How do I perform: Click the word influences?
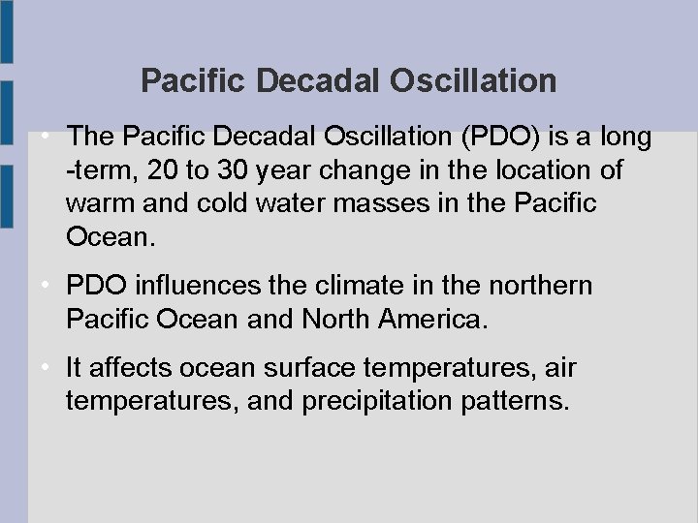(x=198, y=286)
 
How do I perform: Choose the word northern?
(x=544, y=286)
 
